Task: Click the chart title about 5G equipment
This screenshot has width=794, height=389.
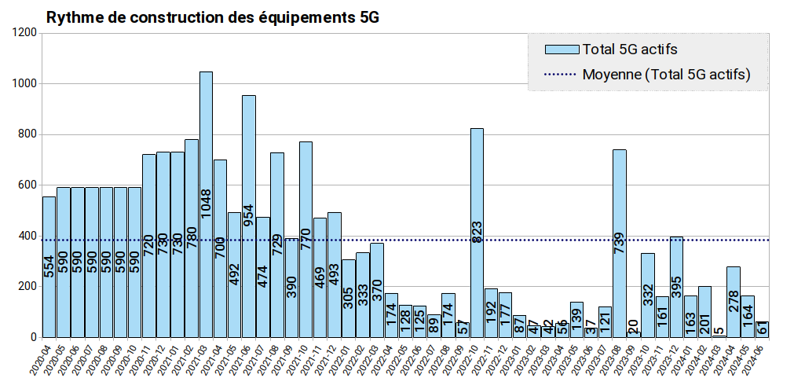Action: click(x=213, y=17)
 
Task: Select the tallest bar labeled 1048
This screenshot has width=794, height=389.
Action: click(x=206, y=204)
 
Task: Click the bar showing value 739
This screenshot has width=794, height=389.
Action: click(x=619, y=244)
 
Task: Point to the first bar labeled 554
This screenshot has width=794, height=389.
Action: click(x=49, y=267)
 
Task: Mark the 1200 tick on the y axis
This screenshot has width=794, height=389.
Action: click(x=25, y=32)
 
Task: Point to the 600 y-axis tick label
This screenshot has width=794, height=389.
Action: click(x=28, y=185)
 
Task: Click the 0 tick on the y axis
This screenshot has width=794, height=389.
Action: click(x=33, y=338)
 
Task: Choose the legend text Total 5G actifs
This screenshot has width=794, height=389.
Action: click(x=629, y=50)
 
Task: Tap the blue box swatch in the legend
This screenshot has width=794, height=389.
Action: click(x=561, y=50)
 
